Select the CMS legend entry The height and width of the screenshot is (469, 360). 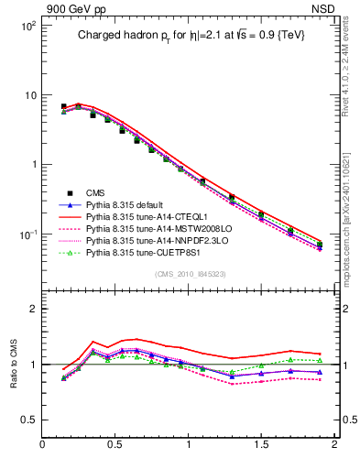point(96,191)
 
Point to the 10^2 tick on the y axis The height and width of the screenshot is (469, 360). point(27,26)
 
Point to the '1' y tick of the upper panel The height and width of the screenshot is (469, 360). point(32,165)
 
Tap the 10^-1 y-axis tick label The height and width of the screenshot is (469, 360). point(27,234)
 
